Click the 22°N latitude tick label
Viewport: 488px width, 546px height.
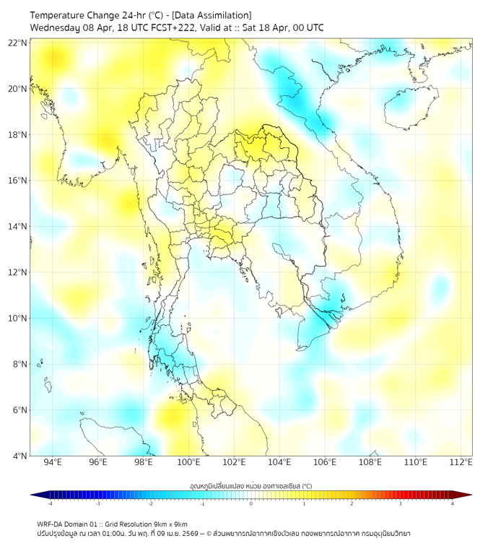pyautogui.click(x=18, y=43)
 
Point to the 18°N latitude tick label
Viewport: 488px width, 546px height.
pyautogui.click(x=18, y=135)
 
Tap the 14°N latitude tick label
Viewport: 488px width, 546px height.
pyautogui.click(x=18, y=227)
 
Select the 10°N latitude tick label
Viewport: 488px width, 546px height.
pyautogui.click(x=18, y=318)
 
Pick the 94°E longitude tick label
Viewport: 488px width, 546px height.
pyautogui.click(x=53, y=462)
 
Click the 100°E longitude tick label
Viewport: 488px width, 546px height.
pyautogui.click(x=189, y=462)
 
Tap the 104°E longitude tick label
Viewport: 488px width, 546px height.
pyautogui.click(x=279, y=462)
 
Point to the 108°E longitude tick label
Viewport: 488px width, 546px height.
pyautogui.click(x=370, y=462)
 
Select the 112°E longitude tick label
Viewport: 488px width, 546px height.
pyautogui.click(x=461, y=462)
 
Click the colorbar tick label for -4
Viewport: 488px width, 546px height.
pyautogui.click(x=50, y=503)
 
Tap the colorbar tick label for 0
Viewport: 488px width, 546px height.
pyautogui.click(x=251, y=503)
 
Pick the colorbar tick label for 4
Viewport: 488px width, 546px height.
pyautogui.click(x=453, y=503)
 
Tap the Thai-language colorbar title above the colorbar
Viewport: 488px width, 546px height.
pyautogui.click(x=250, y=485)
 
